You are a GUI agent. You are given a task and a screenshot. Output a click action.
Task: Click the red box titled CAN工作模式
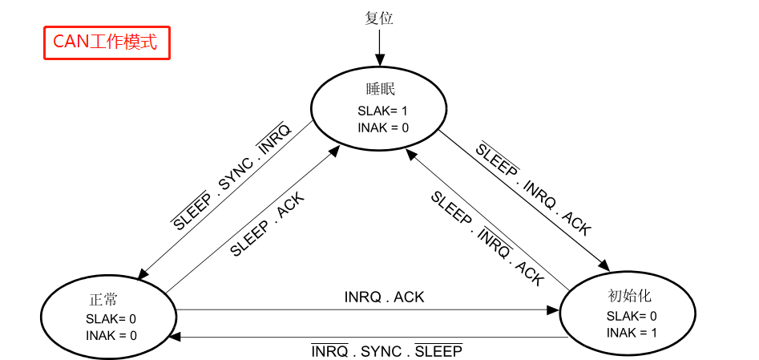106,42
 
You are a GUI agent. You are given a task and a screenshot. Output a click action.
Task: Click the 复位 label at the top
379,18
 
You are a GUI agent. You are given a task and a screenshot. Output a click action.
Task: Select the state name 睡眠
379,89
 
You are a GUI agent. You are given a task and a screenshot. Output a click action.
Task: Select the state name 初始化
624,296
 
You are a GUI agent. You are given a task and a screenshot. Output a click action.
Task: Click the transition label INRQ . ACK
384,297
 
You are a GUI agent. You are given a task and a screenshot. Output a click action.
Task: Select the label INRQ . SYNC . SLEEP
386,352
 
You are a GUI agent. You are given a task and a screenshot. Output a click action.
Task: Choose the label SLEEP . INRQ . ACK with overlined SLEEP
533,189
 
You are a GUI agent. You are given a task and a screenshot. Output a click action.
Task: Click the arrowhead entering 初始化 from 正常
554,309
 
